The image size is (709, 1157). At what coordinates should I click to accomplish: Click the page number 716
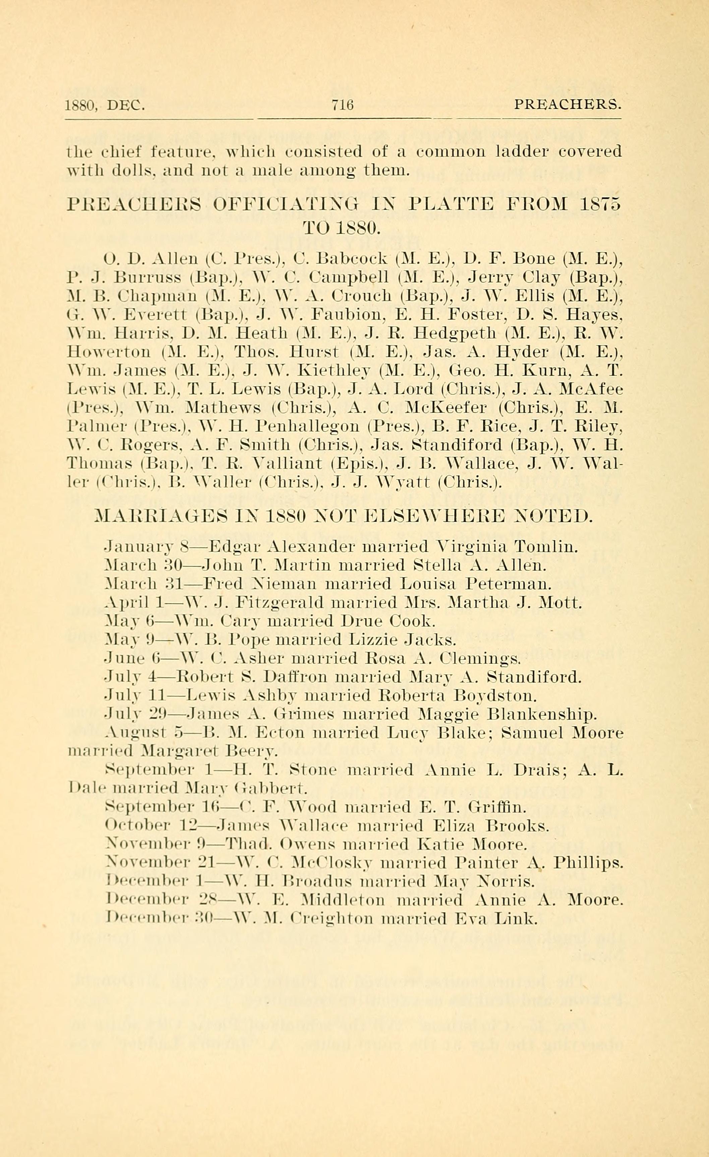coord(342,105)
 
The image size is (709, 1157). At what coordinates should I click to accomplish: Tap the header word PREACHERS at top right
coord(567,104)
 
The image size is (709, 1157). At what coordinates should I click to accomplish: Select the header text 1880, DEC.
coord(104,105)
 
